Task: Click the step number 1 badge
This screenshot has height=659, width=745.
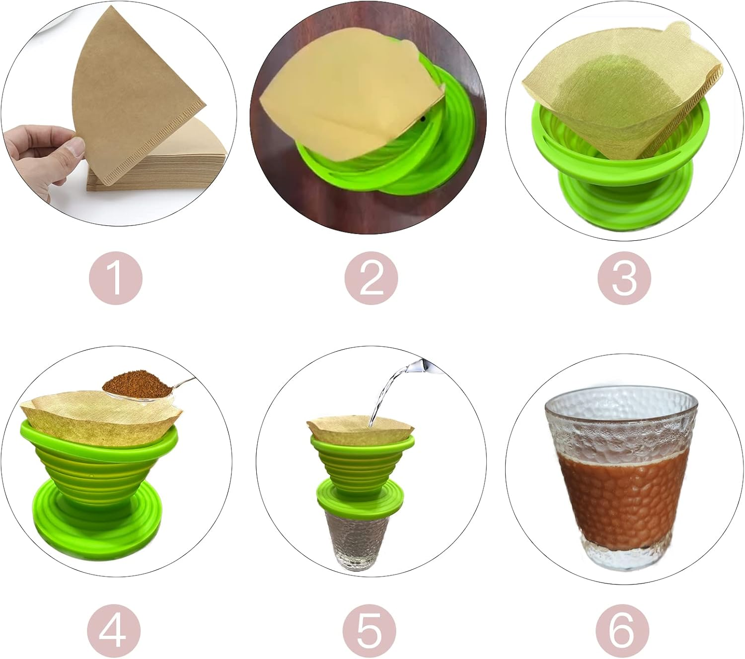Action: point(115,279)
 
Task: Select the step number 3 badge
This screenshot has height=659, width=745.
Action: point(624,279)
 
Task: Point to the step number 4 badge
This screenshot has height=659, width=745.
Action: point(113,629)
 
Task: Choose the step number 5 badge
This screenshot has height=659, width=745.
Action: point(370,629)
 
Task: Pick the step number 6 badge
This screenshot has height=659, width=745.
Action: point(622,629)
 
